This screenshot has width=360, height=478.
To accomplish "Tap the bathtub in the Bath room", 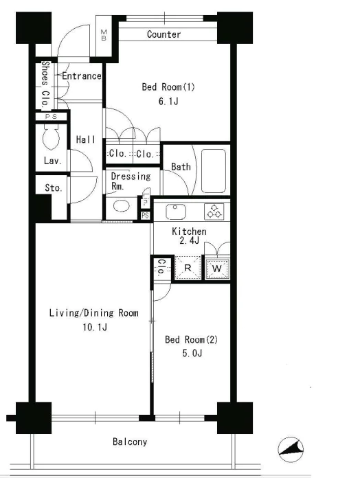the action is tap(214, 171).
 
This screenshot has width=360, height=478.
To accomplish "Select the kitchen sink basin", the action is tap(176, 212).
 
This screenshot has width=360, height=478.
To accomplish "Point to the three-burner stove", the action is tap(214, 212).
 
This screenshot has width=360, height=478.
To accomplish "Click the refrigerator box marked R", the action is tap(188, 268).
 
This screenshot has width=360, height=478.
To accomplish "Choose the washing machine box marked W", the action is tap(217, 269).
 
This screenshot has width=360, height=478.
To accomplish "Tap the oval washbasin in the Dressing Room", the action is tap(122, 206).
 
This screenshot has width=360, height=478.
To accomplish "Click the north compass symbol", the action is tap(291, 450).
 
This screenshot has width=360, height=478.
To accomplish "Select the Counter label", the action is tap(164, 34).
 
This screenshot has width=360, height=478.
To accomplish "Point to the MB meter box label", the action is tap(104, 35).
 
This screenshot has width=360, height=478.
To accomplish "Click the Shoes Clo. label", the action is tap(45, 84).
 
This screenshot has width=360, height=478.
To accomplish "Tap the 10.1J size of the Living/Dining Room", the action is tap(95, 328).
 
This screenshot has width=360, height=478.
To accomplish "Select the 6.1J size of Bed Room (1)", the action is tap(168, 101).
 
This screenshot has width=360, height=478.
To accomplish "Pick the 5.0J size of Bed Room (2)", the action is tap(192, 353).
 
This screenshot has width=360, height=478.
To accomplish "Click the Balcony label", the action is tap(130, 442).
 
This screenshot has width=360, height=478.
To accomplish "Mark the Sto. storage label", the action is tap(54, 187).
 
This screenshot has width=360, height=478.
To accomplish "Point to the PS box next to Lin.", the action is tap(145, 215).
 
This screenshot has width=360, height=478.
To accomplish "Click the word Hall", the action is tap(86, 139).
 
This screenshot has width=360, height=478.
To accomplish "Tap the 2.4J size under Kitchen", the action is tap(190, 240).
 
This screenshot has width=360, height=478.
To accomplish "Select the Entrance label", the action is tap(82, 76).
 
